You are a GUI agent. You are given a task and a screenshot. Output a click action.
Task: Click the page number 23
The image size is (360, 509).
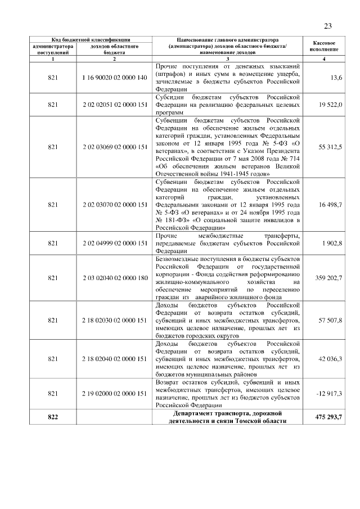pos(328,25)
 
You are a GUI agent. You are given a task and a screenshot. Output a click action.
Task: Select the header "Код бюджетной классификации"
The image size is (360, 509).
pos(91,40)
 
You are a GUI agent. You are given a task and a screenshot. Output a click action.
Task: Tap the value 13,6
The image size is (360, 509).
pos(336,76)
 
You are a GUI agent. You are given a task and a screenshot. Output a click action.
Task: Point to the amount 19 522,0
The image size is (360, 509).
pos(330,105)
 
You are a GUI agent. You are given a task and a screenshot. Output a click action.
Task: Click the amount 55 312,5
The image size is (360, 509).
pos(330,147)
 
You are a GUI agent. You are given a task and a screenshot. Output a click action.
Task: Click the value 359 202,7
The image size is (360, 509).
pos(328,278)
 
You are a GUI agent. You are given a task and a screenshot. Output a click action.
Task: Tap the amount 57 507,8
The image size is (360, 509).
pos(330,320)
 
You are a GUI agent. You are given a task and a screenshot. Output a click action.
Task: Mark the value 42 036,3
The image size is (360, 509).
pos(330,359)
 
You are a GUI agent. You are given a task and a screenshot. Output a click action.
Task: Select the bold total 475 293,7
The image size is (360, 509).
pos(326,417)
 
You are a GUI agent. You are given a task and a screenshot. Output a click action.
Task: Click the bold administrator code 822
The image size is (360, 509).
pos(53,417)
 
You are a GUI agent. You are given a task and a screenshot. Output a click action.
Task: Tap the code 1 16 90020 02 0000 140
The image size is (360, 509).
pos(114,76)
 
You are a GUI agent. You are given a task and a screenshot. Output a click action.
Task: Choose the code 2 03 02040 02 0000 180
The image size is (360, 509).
pos(114,278)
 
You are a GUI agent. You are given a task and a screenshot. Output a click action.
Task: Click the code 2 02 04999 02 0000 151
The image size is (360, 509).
pos(114,243)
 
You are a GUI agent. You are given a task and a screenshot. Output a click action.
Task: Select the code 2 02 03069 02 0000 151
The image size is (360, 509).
pos(114,147)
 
